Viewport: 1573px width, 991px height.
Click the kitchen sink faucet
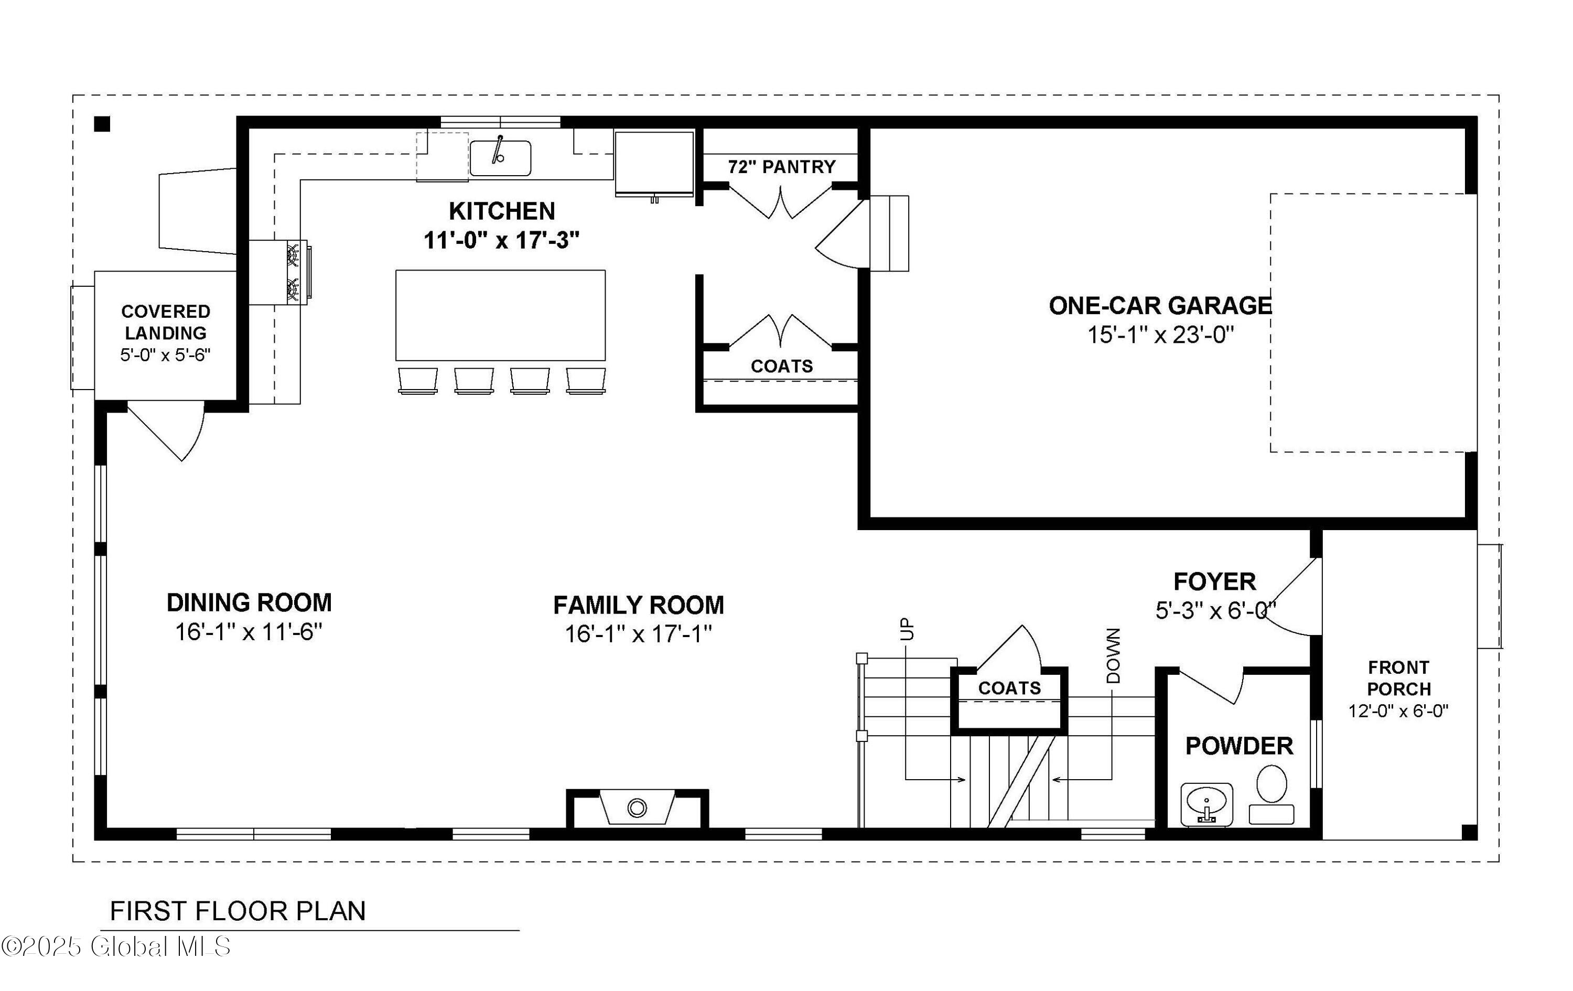pos(499,149)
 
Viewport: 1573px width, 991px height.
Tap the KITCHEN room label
pos(502,211)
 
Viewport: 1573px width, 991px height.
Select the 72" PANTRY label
pos(782,167)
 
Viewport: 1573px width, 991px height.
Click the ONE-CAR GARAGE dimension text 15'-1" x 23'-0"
pos(1160,335)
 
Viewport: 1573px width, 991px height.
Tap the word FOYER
pos(1214,581)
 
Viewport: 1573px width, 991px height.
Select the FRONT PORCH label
pos(1398,678)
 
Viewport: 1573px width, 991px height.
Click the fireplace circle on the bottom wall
pos(636,808)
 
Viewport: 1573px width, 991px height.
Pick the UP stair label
pos(907,629)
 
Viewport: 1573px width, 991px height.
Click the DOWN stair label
pos(1114,656)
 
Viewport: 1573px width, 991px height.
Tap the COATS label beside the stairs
pos(1009,688)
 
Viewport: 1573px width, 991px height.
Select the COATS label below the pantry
pos(781,366)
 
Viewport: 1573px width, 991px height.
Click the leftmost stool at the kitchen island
pos(417,380)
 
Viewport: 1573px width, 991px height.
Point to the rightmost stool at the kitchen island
pos(586,380)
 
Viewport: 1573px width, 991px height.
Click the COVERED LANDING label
pos(166,322)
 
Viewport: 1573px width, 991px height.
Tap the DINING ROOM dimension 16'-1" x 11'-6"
pos(249,632)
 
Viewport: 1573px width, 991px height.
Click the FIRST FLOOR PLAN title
pos(238,911)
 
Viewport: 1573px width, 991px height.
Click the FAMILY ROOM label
pos(638,605)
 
